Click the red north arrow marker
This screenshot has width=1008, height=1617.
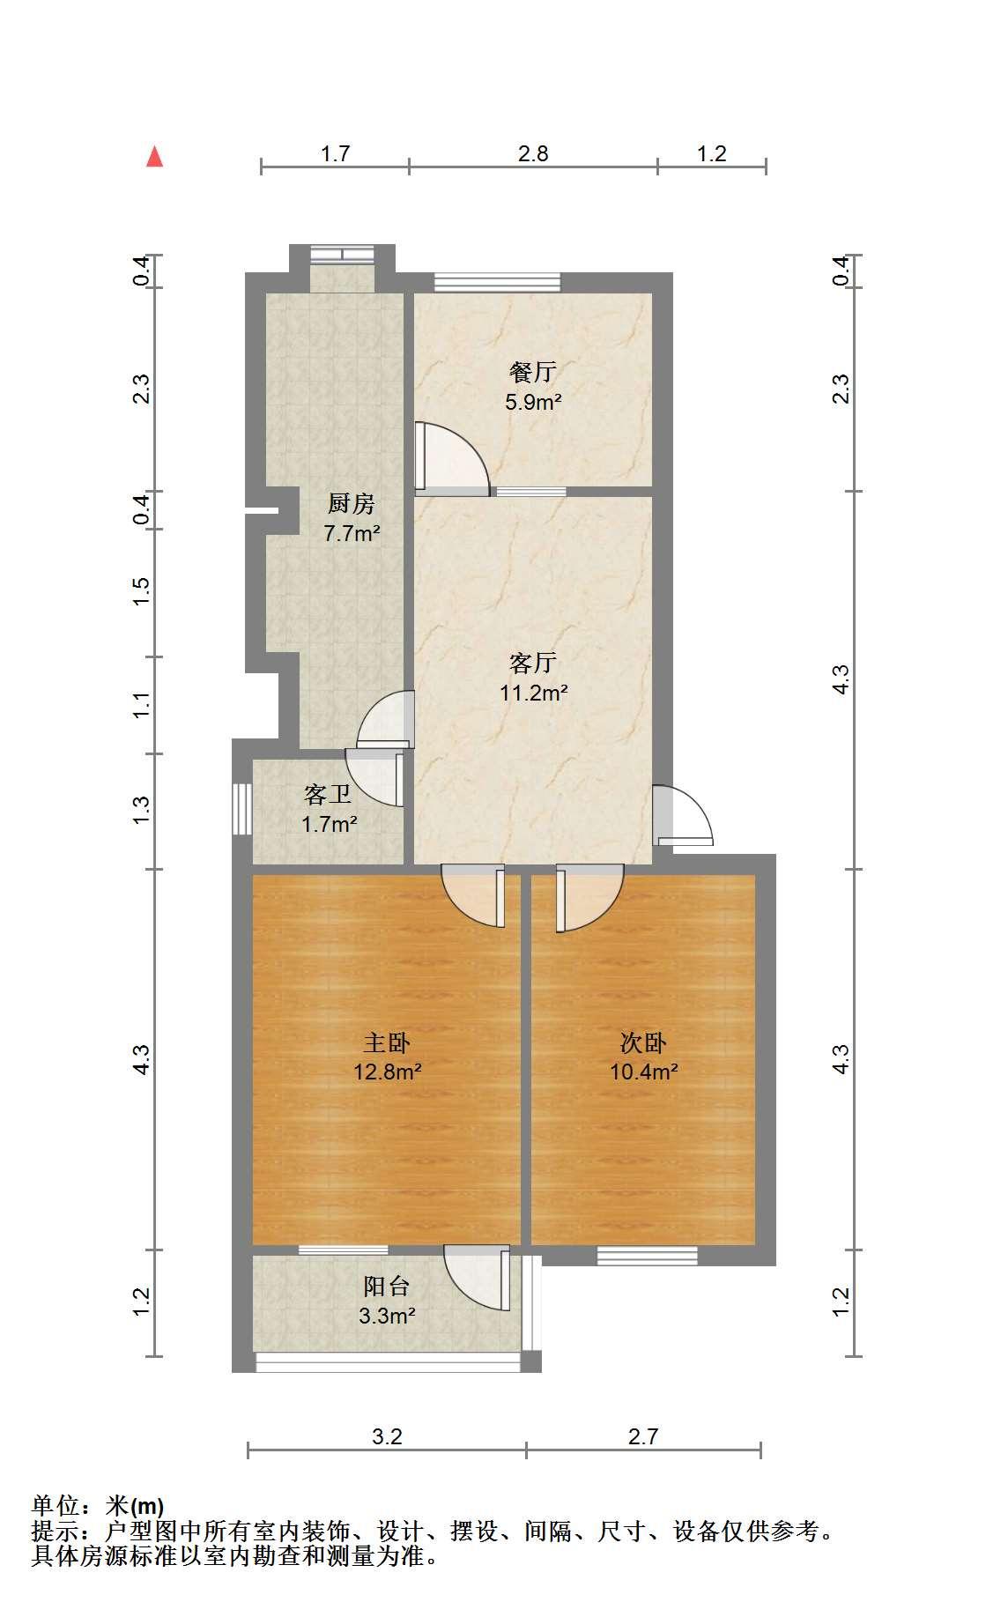[155, 157]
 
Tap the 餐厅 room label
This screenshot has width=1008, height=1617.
[533, 372]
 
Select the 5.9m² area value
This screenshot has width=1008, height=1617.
[533, 403]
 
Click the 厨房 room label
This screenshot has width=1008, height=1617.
[352, 504]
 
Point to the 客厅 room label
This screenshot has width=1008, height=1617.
[533, 662]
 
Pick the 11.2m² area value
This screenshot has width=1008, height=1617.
[533, 693]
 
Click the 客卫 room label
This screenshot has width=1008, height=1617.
[328, 795]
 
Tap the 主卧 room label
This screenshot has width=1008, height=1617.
[387, 1042]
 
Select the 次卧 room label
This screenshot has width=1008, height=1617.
[643, 1042]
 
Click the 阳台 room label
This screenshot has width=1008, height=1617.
[387, 1286]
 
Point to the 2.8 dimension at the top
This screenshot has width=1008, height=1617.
[533, 154]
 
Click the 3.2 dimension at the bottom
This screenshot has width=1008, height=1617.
[387, 1437]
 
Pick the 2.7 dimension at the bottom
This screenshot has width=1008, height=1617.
[643, 1437]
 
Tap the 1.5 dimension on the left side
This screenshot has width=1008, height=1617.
[141, 592]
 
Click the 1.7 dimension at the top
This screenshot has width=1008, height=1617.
[335, 154]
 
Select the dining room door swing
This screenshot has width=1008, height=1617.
[451, 458]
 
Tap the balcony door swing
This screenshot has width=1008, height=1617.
[477, 1277]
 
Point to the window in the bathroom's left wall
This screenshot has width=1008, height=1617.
[241, 808]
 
